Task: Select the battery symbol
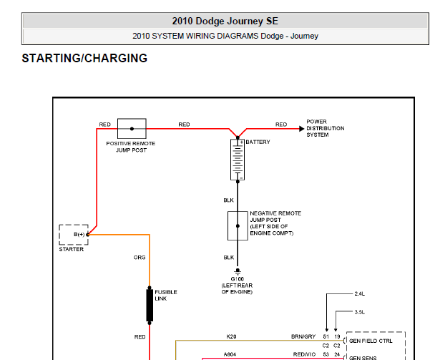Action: [238, 160]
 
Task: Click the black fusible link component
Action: [150, 305]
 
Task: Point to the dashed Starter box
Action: [59, 235]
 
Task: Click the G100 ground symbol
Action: [238, 271]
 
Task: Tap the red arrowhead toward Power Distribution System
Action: [302, 128]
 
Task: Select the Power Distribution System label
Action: [326, 128]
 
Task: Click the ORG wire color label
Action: [140, 258]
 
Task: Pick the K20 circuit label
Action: [231, 336]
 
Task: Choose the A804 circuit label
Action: [230, 354]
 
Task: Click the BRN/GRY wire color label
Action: [303, 336]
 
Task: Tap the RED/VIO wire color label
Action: [304, 354]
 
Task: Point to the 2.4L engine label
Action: [359, 293]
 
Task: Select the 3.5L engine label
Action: [359, 312]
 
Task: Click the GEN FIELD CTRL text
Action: [371, 341]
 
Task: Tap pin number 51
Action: [326, 336]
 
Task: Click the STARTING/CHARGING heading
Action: [84, 58]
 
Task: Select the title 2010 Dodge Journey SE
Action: [225, 21]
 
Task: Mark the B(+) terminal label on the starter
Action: [79, 234]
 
